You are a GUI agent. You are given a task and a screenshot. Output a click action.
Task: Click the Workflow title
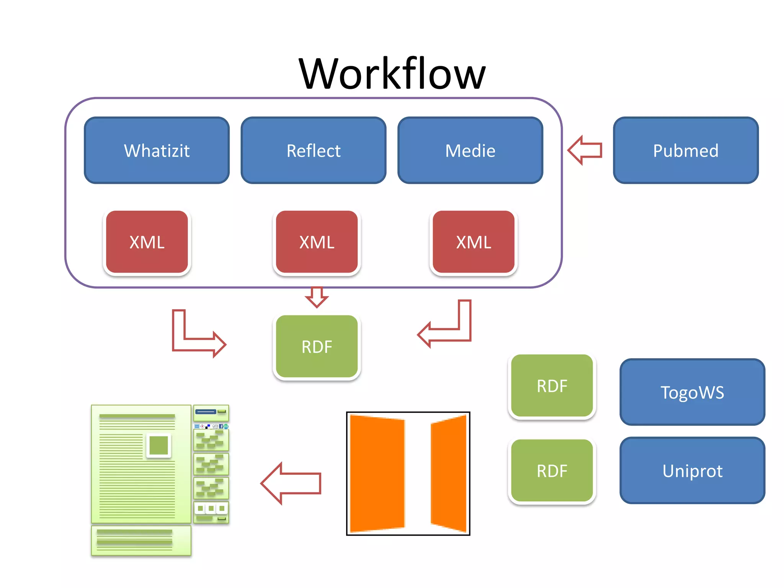[392, 73]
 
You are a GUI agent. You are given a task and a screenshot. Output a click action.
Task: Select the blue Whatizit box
[157, 150]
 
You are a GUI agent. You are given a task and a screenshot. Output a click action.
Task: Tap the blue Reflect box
[314, 150]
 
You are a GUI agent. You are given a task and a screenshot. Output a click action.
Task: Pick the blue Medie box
[470, 150]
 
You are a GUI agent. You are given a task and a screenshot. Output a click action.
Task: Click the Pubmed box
[686, 150]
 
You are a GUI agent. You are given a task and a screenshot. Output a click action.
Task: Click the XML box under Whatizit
[147, 242]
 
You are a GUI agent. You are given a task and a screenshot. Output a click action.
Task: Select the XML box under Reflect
[317, 242]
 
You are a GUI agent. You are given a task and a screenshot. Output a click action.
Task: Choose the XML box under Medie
[474, 242]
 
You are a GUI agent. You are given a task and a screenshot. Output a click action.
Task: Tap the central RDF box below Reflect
[317, 346]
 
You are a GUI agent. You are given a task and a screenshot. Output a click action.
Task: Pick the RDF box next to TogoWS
[552, 386]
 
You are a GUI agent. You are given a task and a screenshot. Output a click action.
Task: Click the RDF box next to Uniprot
[552, 471]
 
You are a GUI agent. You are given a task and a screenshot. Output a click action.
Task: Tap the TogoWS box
[692, 392]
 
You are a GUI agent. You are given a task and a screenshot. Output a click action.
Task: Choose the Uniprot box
[692, 470]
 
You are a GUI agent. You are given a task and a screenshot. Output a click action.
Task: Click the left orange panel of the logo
[377, 474]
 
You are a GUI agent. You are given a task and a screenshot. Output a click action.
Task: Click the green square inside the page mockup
[158, 445]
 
